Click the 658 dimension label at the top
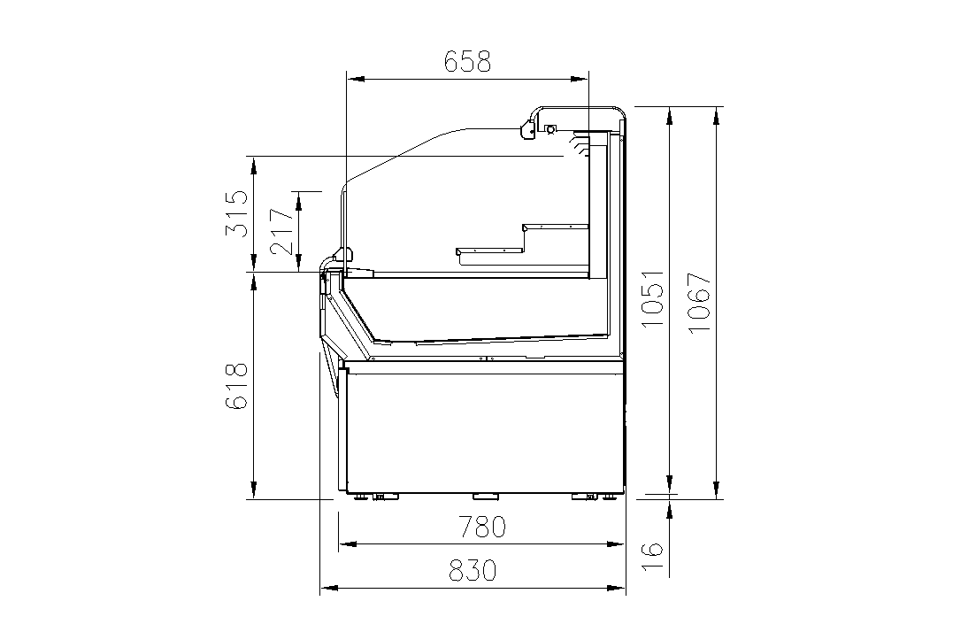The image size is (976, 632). coord(467,62)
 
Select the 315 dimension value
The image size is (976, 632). coord(236,213)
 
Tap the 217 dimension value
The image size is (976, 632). coord(282,232)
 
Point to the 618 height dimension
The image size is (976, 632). coord(236,386)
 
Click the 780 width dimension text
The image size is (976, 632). coord(482,527)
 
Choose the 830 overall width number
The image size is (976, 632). coord(473,570)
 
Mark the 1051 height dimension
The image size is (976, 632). coord(653,299)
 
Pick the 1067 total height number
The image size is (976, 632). coord(700,303)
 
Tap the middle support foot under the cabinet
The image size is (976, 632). coord(486,497)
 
